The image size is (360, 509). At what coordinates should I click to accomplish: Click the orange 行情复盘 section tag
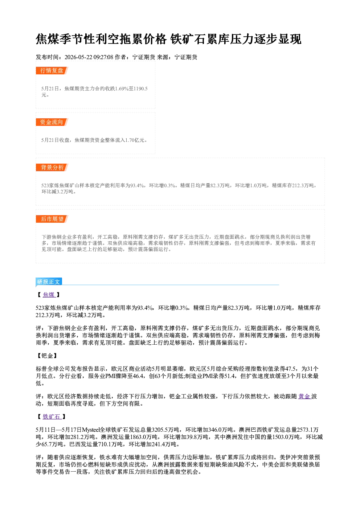52,70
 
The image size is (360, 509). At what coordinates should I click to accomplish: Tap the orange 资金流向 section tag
52,122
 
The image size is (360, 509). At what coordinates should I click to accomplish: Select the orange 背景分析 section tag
52,168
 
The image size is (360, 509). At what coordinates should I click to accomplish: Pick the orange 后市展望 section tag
52,219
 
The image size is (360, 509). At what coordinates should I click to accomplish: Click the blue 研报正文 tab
49,282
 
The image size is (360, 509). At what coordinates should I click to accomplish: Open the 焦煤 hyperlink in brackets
49,295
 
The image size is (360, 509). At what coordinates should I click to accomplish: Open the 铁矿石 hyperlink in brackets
52,417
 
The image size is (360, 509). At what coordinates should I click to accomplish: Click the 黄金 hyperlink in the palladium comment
304,397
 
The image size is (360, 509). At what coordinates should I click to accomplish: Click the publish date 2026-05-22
78,57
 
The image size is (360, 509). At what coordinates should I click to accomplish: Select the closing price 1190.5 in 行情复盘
140,89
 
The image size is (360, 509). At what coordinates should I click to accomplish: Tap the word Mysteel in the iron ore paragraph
91,430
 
